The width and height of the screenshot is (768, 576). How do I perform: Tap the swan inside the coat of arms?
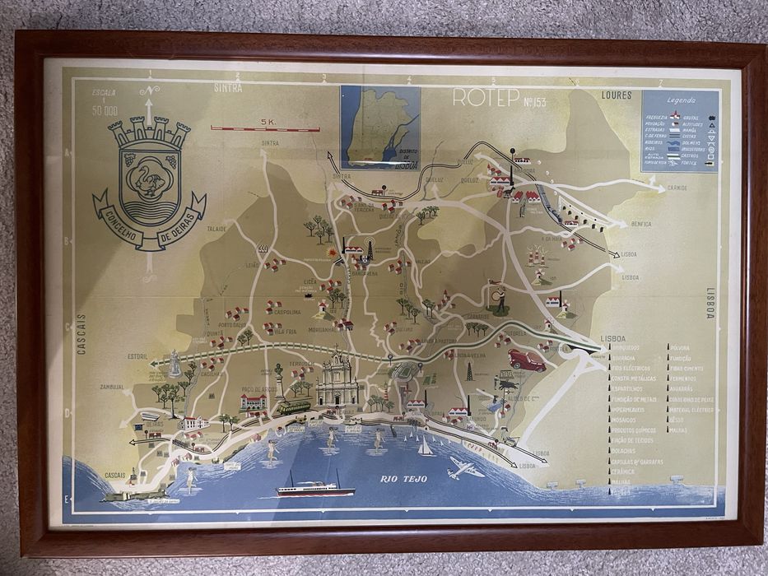149,175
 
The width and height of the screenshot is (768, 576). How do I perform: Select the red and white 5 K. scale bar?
268,128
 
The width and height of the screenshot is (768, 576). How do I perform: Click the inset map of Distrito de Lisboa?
379,123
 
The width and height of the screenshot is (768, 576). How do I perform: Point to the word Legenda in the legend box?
680,98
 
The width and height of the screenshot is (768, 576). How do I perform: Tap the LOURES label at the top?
617,95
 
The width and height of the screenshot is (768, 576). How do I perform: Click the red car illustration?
527,360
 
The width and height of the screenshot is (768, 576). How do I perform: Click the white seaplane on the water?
466,469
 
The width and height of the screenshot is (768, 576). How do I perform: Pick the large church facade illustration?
337,383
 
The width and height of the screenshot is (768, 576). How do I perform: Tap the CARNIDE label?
677,188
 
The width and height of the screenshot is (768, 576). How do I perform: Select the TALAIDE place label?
216,229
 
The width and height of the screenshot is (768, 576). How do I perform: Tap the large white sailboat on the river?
426,446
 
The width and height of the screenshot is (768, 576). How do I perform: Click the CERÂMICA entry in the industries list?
624,471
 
